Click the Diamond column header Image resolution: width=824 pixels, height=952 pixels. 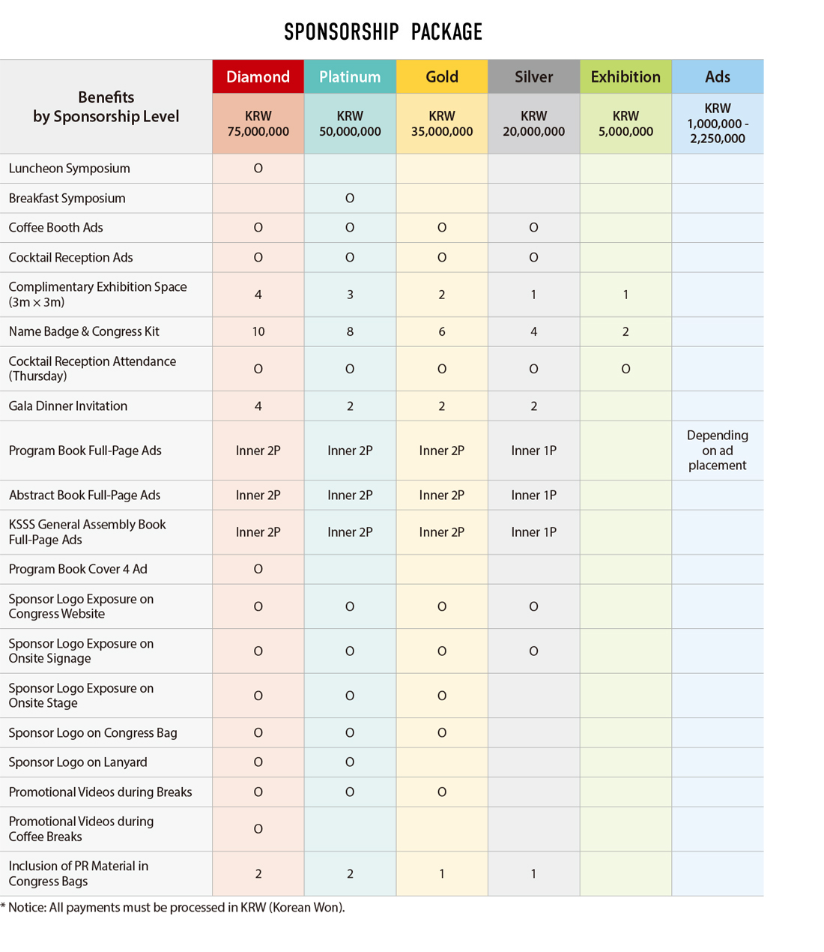pyautogui.click(x=258, y=77)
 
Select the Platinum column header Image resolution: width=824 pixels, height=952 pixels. pyautogui.click(x=350, y=77)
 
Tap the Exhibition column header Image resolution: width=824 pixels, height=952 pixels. pyautogui.click(x=625, y=77)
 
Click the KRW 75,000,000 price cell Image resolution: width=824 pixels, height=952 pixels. pyautogui.click(x=258, y=124)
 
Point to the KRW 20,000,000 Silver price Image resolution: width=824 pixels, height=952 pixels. pyautogui.click(x=533, y=124)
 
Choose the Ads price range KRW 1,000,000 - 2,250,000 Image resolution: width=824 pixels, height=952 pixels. pyautogui.click(x=717, y=124)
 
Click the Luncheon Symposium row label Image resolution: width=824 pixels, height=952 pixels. pyautogui.click(x=70, y=169)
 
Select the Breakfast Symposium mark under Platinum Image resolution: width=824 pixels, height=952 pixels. pyautogui.click(x=350, y=199)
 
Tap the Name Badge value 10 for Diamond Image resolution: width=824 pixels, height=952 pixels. pyautogui.click(x=258, y=331)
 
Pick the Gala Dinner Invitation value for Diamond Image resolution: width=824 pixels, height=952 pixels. pyautogui.click(x=258, y=406)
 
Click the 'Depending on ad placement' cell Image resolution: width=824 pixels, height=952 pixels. pyautogui.click(x=717, y=451)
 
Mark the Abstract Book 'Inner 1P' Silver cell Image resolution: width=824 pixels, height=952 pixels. pyautogui.click(x=533, y=495)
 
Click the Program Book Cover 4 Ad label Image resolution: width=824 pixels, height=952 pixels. pyautogui.click(x=78, y=570)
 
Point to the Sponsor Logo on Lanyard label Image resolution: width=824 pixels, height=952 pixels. pyautogui.click(x=78, y=762)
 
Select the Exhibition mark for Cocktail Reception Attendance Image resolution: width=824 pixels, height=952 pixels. pyautogui.click(x=625, y=369)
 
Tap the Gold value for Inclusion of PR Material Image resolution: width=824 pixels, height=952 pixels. pyautogui.click(x=442, y=874)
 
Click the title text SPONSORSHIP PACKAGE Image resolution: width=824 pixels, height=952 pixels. pyautogui.click(x=383, y=32)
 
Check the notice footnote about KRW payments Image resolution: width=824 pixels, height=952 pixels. pyautogui.click(x=173, y=908)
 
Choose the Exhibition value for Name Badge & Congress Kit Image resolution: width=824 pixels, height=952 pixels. pyautogui.click(x=625, y=331)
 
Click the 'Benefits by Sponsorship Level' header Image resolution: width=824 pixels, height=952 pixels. pyautogui.click(x=106, y=107)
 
